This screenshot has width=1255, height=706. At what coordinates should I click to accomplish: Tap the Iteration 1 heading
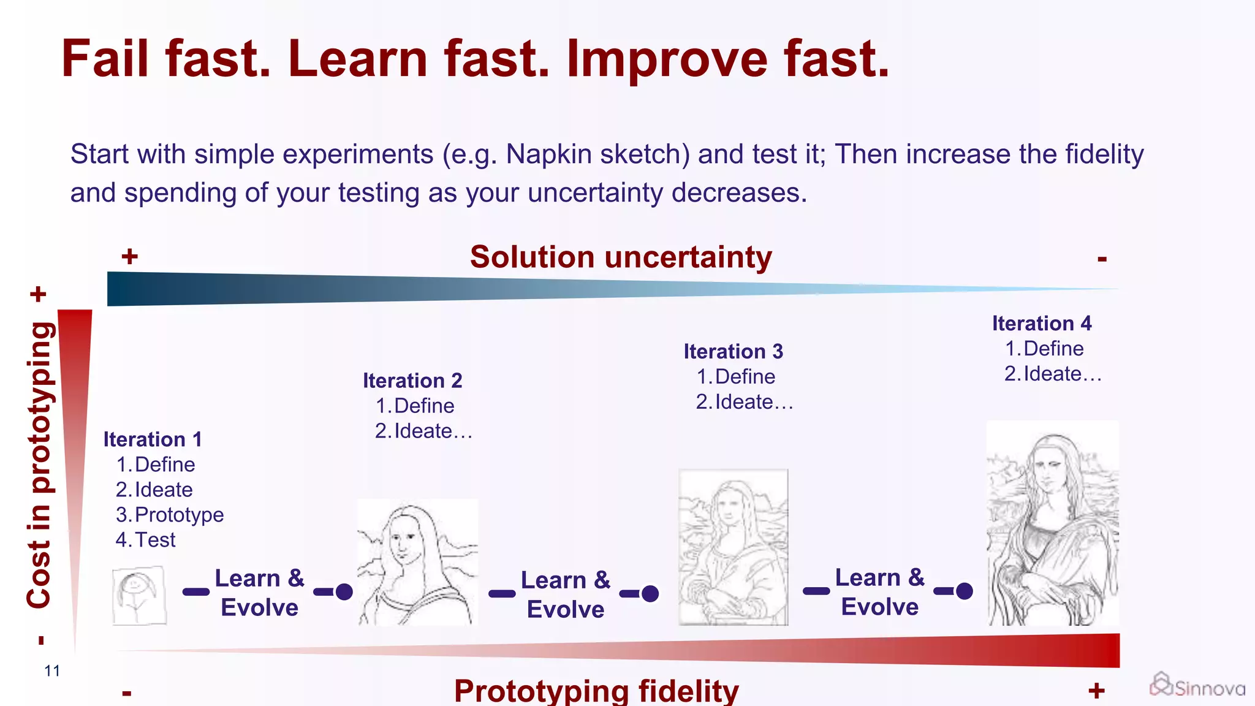pos(153,439)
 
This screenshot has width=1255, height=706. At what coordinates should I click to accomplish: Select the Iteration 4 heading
pos(1041,323)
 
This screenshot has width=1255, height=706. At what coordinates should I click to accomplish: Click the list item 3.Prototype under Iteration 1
pos(170,515)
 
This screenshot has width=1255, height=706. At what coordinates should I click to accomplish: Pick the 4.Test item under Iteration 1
pos(146,540)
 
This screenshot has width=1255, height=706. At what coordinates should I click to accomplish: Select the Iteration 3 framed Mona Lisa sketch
pos(733,547)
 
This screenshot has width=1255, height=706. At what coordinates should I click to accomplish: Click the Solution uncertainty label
pos(620,257)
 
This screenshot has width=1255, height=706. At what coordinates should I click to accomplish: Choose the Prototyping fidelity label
pos(596,691)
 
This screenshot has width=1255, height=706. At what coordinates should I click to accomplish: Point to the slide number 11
pos(52,670)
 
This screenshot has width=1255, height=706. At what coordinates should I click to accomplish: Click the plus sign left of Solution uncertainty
pos(129,256)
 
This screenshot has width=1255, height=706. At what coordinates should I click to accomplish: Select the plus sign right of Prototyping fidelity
pos(1096,691)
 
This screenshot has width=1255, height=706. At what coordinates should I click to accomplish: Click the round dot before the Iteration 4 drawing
pos(964,591)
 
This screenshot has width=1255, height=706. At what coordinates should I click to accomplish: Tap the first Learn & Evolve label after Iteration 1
pos(259,593)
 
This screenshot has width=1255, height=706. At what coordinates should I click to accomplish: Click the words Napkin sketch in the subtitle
pos(593,154)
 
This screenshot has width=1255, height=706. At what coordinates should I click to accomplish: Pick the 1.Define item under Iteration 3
pos(735,376)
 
